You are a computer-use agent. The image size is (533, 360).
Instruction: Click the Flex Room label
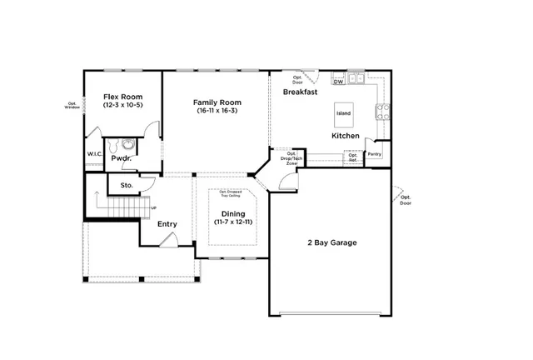click(x=122, y=97)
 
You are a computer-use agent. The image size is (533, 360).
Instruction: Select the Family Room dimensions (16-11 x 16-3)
click(x=217, y=111)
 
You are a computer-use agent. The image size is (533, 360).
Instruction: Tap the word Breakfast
click(x=301, y=92)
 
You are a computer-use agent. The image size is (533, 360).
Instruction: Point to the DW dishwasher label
click(x=338, y=82)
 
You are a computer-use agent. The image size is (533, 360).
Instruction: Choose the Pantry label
click(x=375, y=154)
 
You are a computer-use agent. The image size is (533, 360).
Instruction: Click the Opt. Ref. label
click(x=353, y=157)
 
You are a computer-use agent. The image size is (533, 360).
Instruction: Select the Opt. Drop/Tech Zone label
click(x=291, y=157)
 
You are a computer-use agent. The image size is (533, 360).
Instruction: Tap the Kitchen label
click(x=346, y=135)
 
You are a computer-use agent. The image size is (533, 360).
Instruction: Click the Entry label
click(x=167, y=223)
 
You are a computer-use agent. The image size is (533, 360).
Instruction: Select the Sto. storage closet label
click(x=127, y=185)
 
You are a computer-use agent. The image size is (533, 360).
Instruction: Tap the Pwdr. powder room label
click(x=122, y=157)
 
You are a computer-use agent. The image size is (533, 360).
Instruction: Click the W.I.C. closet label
click(x=94, y=154)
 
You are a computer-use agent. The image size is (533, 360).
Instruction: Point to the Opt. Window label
click(x=72, y=106)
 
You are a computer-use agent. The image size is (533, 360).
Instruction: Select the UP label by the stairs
click(x=153, y=207)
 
